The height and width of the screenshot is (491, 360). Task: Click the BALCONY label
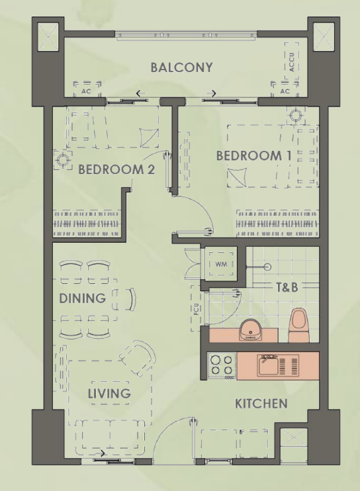(x=181, y=67)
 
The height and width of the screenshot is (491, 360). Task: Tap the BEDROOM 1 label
(x=254, y=156)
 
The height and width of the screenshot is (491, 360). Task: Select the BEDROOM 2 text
(x=116, y=169)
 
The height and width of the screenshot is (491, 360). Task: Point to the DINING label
(x=82, y=298)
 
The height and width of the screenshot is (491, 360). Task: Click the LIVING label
(x=109, y=393)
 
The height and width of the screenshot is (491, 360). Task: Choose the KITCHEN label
(x=261, y=404)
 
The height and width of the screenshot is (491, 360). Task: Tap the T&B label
(x=287, y=287)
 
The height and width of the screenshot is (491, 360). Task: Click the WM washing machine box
(x=221, y=263)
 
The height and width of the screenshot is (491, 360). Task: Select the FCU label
(x=197, y=308)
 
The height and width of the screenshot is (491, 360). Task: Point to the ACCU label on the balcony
(x=291, y=62)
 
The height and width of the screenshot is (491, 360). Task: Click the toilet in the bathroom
(x=298, y=325)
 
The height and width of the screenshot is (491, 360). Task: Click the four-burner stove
(x=222, y=366)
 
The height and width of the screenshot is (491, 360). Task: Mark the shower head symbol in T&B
(x=267, y=267)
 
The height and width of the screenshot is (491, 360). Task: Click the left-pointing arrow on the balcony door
(x=142, y=93)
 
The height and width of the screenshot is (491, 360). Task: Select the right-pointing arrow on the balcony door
(x=211, y=93)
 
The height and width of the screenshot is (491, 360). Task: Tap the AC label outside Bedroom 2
(x=86, y=91)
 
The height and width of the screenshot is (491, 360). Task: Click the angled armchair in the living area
(x=138, y=358)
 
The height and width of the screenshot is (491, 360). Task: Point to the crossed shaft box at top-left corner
(x=48, y=37)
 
